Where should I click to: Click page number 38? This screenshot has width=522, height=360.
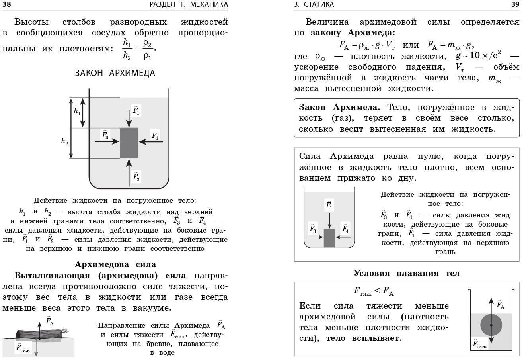(x=6, y=4)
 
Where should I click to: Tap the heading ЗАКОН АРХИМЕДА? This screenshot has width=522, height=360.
(x=115, y=73)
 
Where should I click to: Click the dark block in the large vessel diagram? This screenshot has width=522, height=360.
(x=129, y=143)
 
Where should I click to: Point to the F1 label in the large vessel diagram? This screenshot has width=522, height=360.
(x=136, y=110)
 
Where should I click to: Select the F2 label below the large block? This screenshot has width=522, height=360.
(x=136, y=176)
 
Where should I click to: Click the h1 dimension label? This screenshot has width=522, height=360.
(x=77, y=112)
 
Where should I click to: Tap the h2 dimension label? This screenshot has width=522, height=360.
(x=65, y=141)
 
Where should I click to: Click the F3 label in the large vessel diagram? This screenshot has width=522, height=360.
(x=105, y=135)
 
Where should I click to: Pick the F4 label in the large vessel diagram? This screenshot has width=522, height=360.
(x=155, y=135)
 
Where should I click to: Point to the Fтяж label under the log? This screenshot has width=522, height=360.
(x=23, y=348)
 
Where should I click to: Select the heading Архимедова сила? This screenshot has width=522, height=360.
(x=115, y=264)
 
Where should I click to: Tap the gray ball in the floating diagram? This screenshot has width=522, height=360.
(x=491, y=325)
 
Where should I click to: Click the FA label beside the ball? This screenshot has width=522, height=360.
(x=501, y=305)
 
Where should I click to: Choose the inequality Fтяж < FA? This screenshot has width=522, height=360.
(x=374, y=291)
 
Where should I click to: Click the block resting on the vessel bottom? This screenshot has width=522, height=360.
(x=329, y=238)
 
